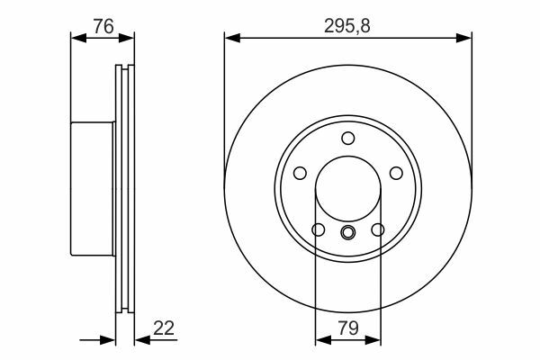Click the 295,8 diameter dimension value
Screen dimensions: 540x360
tap(347, 26)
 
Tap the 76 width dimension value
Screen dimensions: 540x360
tap(103, 26)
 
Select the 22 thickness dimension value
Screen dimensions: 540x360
tap(164, 328)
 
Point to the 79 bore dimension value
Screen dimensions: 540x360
tap(348, 328)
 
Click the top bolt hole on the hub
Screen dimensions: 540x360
tap(347, 138)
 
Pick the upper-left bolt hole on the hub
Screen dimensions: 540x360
tap(300, 173)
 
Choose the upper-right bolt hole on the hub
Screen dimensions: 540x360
tap(396, 173)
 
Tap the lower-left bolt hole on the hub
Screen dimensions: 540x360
tap(319, 229)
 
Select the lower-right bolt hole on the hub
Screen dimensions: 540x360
tap(378, 229)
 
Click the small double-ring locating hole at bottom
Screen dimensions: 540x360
tap(347, 232)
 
